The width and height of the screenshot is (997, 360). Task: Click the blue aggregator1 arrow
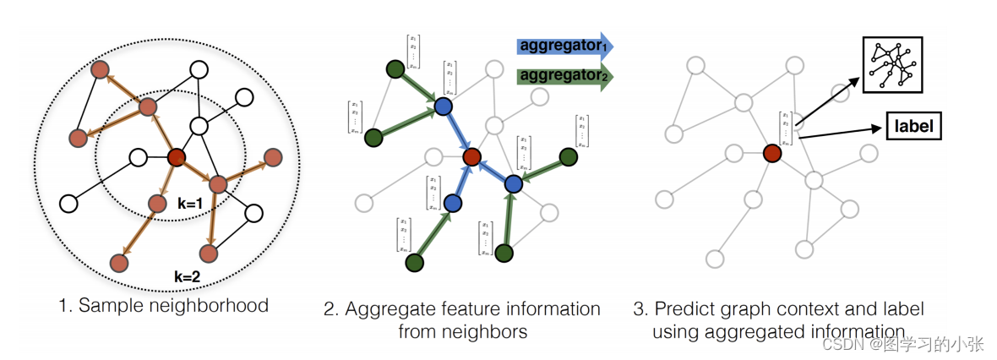562,46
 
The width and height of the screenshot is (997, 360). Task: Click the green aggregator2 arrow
562,76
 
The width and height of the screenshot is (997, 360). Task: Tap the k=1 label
191,204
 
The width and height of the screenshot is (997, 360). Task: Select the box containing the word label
913,127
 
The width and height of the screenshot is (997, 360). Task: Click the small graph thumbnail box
891,64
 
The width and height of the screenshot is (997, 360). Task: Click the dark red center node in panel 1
176,157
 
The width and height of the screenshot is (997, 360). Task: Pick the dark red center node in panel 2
471,156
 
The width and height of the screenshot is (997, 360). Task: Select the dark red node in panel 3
771,153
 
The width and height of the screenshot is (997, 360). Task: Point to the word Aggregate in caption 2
384,308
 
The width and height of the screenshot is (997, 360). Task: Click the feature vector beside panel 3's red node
787,128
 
